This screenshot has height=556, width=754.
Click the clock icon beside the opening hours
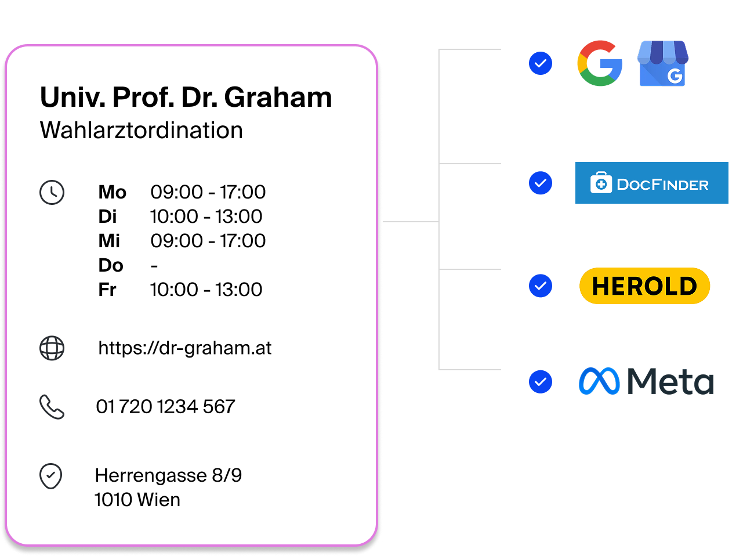(x=52, y=193)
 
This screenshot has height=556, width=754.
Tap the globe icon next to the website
(x=52, y=348)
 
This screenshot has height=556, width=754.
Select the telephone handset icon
(x=52, y=407)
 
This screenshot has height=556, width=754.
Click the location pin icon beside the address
(x=51, y=476)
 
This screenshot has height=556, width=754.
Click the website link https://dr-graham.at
(x=185, y=348)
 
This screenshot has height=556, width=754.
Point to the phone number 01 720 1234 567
(x=166, y=406)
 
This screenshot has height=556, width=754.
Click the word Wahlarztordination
(x=142, y=131)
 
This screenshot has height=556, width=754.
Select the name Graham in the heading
(x=278, y=98)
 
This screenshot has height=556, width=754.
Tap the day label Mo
(x=112, y=192)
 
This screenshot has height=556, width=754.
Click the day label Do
(x=111, y=265)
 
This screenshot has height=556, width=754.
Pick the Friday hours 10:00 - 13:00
(x=206, y=290)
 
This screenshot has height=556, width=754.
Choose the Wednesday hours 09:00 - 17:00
(x=208, y=241)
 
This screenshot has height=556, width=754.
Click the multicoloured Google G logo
(x=600, y=63)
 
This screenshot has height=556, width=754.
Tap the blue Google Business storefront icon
(x=663, y=63)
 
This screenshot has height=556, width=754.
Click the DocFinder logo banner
(x=652, y=183)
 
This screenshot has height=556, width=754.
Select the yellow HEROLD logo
(x=644, y=286)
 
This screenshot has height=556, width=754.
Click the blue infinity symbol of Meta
(x=599, y=381)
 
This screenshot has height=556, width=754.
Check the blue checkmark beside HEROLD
(x=541, y=286)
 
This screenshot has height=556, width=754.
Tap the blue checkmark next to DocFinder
(x=541, y=183)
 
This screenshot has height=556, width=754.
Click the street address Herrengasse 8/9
(x=168, y=475)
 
